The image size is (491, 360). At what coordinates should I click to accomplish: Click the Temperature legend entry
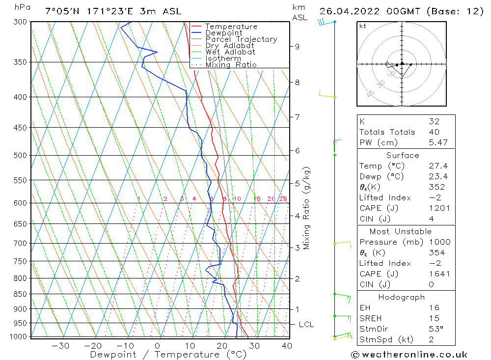231,27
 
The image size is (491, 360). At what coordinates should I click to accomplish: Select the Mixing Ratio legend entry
231,64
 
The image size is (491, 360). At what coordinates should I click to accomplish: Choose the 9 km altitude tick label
297,47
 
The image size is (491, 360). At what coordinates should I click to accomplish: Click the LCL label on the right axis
306,325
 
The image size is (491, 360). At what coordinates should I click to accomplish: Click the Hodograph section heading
402,297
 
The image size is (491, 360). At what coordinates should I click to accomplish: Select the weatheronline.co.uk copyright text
409,355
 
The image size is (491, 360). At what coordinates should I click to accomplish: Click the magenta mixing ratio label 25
283,199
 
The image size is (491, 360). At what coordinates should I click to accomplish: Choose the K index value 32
434,121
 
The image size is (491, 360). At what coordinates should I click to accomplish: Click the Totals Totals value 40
434,132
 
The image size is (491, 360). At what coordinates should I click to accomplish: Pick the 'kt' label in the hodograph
362,26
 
